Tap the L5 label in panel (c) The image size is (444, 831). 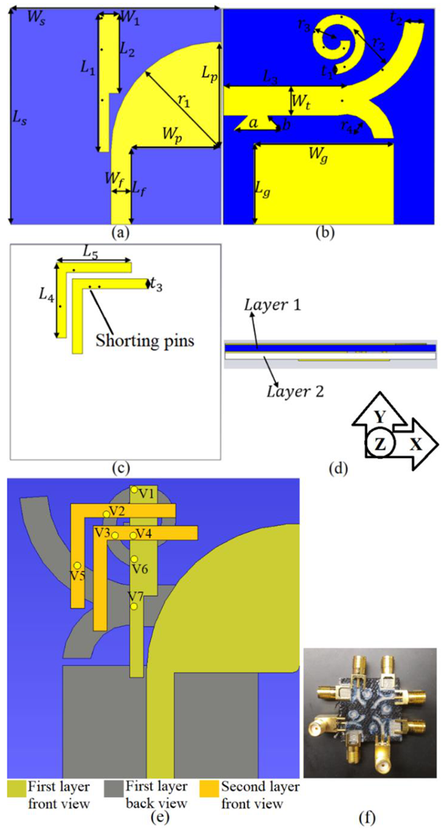click(x=89, y=253)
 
